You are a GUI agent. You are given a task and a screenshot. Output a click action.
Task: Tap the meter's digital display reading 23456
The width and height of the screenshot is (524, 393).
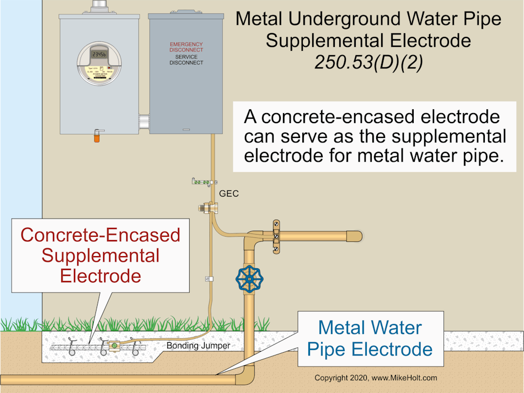(x=99, y=54)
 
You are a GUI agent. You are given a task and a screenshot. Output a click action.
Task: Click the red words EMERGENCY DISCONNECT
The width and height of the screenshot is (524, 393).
(x=186, y=47)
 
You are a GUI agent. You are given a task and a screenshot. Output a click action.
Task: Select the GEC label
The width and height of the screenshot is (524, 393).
(x=228, y=194)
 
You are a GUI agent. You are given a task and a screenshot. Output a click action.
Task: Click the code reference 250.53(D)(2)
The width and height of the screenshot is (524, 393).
(x=368, y=63)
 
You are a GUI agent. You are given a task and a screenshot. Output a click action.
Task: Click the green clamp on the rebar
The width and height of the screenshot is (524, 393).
(x=114, y=346)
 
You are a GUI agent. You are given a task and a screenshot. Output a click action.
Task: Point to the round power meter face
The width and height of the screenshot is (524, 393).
(x=99, y=63)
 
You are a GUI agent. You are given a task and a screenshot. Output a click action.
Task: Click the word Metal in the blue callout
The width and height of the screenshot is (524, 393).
(x=341, y=327)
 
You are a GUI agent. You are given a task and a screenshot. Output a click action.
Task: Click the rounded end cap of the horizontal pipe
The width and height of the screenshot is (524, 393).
(x=357, y=236)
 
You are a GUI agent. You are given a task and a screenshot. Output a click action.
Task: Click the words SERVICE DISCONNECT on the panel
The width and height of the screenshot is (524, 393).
(x=186, y=60)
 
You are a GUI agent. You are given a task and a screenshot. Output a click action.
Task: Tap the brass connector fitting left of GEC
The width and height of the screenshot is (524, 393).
(x=209, y=208)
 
